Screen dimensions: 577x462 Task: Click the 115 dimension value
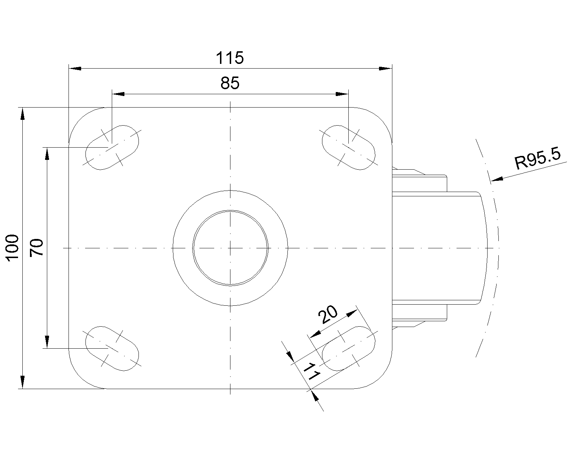pyautogui.click(x=230, y=58)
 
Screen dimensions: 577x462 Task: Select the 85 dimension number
pyautogui.click(x=230, y=83)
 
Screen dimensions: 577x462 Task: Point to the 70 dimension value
pyautogui.click(x=36, y=248)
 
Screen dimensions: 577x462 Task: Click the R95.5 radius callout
pyautogui.click(x=538, y=158)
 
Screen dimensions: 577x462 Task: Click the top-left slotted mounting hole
pyautogui.click(x=112, y=147)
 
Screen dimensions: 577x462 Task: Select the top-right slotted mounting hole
pyautogui.click(x=349, y=147)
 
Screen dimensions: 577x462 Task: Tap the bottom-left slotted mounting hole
pyautogui.click(x=112, y=348)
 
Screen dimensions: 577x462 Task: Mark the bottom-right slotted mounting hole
pyautogui.click(x=349, y=348)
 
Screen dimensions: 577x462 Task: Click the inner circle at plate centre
pyautogui.click(x=230, y=248)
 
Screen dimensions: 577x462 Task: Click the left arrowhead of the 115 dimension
pyautogui.click(x=75, y=69)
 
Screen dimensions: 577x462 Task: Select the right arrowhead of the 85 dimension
pyautogui.click(x=342, y=94)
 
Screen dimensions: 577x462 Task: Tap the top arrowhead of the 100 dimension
pyautogui.click(x=22, y=114)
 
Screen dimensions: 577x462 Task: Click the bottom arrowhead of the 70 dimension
pyautogui.click(x=47, y=342)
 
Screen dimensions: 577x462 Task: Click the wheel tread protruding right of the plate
pyautogui.click(x=440, y=248)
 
